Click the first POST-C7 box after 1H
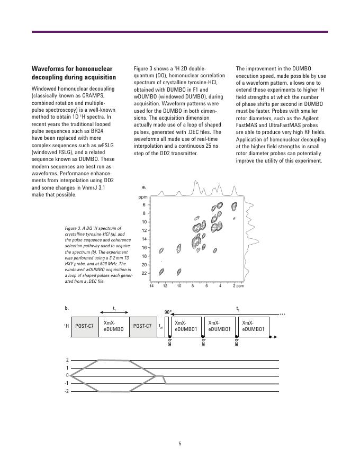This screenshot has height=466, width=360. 84,326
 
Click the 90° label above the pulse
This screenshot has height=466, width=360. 168,312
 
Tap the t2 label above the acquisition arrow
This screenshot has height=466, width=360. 238,307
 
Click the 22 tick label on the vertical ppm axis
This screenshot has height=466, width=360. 143,273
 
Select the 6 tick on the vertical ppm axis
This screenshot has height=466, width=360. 143,205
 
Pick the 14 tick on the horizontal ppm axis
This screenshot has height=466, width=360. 151,286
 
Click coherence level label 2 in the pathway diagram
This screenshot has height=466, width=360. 67,360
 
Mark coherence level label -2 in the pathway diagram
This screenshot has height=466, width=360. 67,391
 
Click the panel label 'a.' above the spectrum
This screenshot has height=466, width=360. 144,187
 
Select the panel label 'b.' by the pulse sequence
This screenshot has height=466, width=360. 67,308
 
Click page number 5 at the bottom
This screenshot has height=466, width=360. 180,444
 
